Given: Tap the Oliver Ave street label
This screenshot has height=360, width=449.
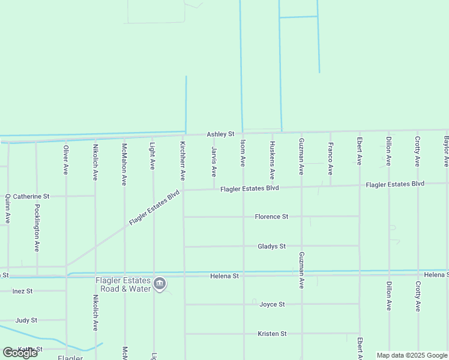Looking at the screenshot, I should click(66, 158).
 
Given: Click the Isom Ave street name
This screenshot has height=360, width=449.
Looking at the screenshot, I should click(243, 153).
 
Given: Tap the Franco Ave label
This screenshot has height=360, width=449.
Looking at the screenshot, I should click(330, 158).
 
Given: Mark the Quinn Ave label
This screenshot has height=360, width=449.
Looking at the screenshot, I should click(8, 209).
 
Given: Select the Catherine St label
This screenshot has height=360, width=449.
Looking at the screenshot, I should click(31, 196).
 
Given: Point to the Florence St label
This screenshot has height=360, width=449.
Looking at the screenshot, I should click(272, 217).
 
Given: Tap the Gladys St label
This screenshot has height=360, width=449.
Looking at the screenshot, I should click(271, 246).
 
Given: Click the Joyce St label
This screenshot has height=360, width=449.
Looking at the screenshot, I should click(272, 304).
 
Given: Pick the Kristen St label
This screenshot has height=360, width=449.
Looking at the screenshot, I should click(272, 334).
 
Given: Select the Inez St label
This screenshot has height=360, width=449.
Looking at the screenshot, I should click(22, 291).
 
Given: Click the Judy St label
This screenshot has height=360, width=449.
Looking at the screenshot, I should click(26, 320).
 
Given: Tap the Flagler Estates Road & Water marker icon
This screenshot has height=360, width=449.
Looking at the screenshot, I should click(160, 284).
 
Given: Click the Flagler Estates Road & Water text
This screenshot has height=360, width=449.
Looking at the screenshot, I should click(122, 284).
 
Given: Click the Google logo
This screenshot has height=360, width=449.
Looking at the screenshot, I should click(20, 352).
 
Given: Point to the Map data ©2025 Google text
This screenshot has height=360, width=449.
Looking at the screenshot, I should click(412, 355).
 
